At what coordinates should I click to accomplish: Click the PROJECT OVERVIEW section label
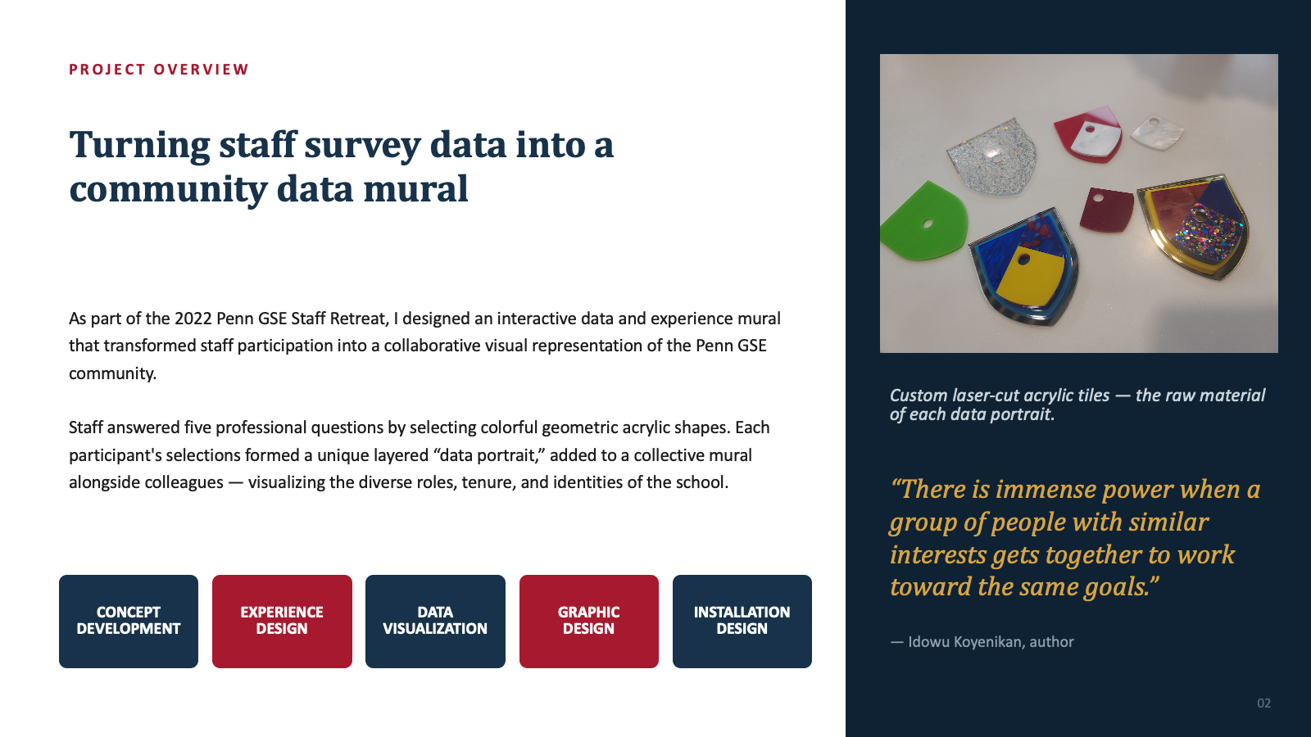point(159,70)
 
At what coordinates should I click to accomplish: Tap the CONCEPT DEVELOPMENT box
point(129,622)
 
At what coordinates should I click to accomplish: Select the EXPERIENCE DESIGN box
point(282,622)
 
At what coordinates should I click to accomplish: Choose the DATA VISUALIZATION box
point(435,622)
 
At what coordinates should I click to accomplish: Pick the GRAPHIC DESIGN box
point(589,622)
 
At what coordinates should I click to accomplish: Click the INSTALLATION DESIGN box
point(742,622)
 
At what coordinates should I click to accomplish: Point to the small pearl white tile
point(1157,132)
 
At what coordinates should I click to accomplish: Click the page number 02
point(1264,703)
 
